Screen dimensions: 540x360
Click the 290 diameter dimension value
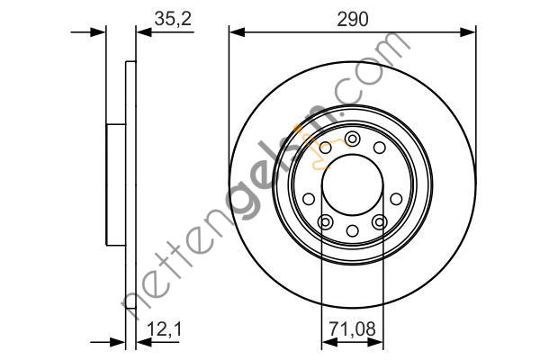point(352,19)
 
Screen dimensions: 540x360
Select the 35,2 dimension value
point(173,19)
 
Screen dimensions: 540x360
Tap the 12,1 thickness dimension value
point(164,329)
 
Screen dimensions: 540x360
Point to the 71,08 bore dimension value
point(352,329)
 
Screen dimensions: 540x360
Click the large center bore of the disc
point(352,184)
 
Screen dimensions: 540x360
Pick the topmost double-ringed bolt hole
point(352,139)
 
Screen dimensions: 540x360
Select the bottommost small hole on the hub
point(352,230)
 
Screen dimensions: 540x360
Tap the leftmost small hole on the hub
point(309,199)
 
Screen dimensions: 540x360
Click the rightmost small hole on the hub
point(396,199)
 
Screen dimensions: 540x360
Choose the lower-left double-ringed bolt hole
point(325,222)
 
